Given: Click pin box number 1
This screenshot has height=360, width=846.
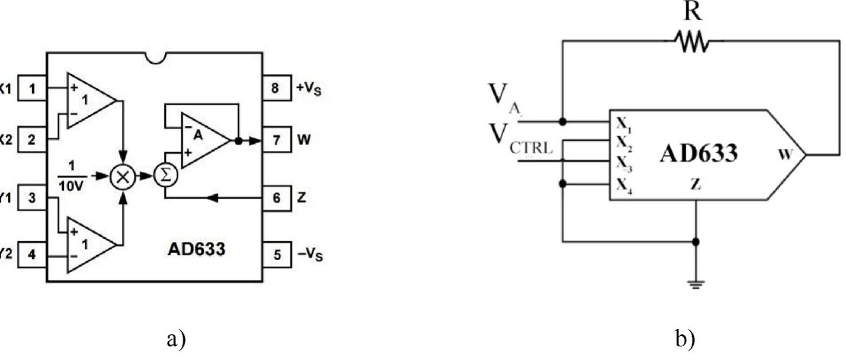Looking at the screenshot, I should pos(32,88).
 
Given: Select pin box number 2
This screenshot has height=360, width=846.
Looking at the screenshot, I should pos(32,139).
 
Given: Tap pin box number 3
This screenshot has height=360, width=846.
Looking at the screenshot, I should pos(32,198).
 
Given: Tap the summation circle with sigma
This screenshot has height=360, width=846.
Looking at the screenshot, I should pos(165,177).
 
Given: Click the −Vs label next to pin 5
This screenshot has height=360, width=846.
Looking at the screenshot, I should pos(311,254).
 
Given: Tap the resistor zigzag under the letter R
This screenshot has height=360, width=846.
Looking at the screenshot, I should pos(691,41).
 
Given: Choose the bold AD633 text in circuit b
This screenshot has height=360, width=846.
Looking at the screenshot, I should pos(698,154).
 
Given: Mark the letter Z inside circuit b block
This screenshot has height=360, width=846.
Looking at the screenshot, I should pos(696,184).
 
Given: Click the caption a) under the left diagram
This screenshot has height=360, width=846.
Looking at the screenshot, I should pos(176,339).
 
